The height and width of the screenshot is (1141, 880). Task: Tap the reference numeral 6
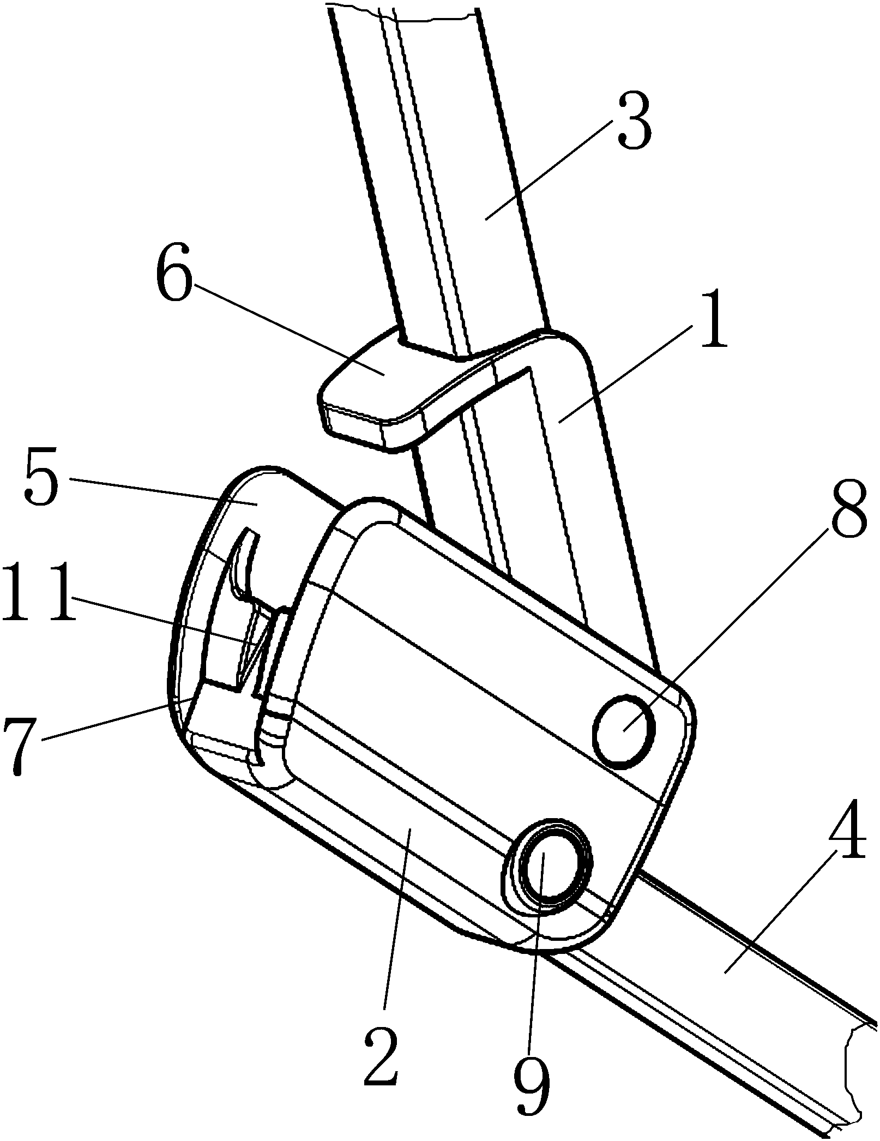[174, 277]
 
